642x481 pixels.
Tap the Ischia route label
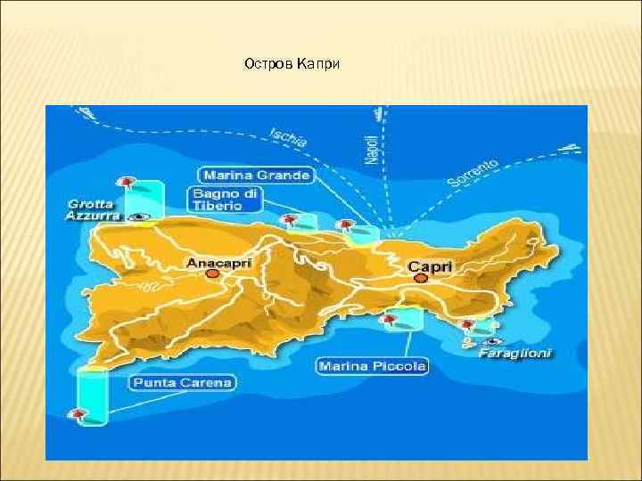point(289,137)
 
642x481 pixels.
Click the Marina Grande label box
point(255,175)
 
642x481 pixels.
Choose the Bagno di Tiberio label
point(224,199)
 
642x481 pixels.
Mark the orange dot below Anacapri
point(212,274)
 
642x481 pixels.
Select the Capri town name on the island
point(430,265)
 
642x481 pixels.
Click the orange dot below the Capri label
point(421,278)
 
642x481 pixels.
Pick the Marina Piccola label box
point(373,365)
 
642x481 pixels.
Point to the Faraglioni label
point(514,353)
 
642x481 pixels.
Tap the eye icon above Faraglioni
point(493,340)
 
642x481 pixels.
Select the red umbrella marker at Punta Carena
point(79,413)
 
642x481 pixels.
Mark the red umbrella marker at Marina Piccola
point(390,317)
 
